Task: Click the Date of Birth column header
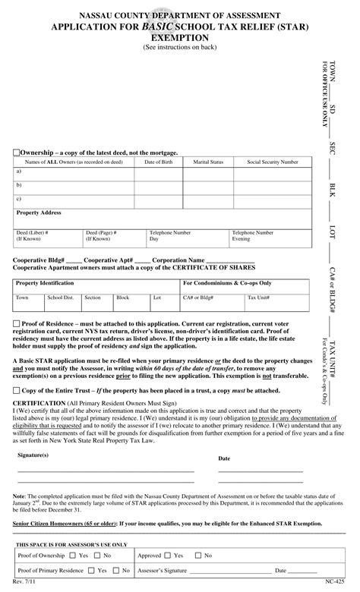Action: point(158,162)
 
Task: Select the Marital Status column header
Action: point(208,162)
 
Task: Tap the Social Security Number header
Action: point(273,162)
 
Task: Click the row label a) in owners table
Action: point(19,172)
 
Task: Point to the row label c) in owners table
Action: point(19,199)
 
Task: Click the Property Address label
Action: point(39,213)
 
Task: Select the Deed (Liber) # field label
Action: point(33,232)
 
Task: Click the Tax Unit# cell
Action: point(257,298)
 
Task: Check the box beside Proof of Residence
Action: point(17,323)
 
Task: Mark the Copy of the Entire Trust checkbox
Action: point(17,389)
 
